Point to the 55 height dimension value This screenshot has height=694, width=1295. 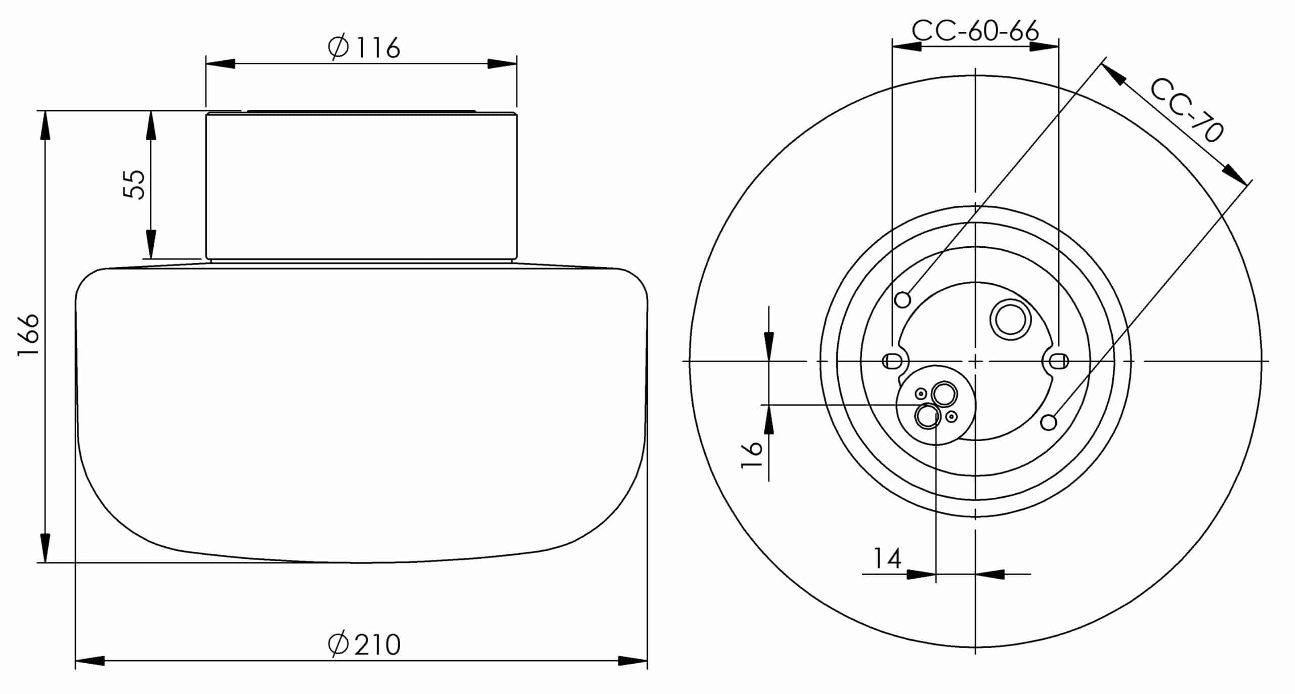tap(134, 184)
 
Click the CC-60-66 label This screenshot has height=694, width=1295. tap(975, 31)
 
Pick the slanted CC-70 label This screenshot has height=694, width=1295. tap(1187, 110)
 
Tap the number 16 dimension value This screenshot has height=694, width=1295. tap(752, 455)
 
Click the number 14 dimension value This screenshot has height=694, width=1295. tap(887, 558)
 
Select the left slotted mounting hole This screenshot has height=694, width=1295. tap(891, 361)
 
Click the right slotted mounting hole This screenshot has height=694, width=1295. tap(1059, 361)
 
